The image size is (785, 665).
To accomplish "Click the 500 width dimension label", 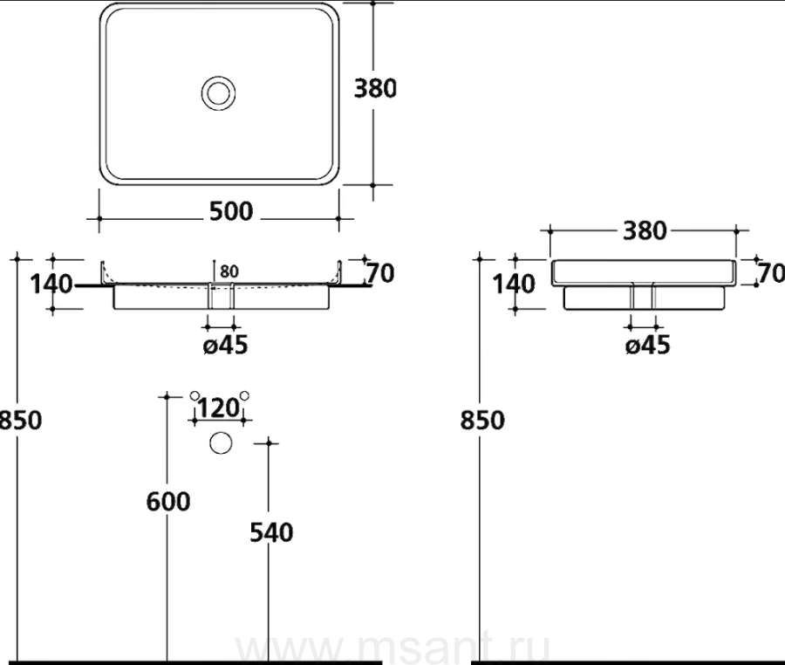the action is pyautogui.click(x=231, y=211).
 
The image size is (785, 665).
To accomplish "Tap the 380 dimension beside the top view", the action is pyautogui.click(x=375, y=88).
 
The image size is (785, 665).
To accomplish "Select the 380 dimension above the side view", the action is pyautogui.click(x=645, y=231).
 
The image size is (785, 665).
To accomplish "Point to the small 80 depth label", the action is pyautogui.click(x=229, y=271).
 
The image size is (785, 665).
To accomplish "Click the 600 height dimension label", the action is pyautogui.click(x=168, y=502).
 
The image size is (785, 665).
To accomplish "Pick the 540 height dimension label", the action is pyautogui.click(x=271, y=532).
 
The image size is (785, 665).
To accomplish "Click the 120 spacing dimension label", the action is pyautogui.click(x=219, y=408).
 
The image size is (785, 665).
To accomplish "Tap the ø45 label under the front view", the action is pyautogui.click(x=225, y=345).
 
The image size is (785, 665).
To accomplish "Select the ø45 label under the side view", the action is pyautogui.click(x=648, y=345).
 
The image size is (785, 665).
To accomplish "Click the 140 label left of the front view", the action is pyautogui.click(x=51, y=285).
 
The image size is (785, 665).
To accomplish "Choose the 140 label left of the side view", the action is pyautogui.click(x=514, y=285).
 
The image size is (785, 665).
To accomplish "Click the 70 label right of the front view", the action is pyautogui.click(x=380, y=273).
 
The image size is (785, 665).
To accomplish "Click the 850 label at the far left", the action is pyautogui.click(x=21, y=420).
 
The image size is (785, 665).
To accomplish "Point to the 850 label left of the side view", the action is pyautogui.click(x=482, y=420).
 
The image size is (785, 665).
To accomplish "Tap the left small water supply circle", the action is pyautogui.click(x=195, y=395).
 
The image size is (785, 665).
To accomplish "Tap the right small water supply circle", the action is pyautogui.click(x=244, y=395).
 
